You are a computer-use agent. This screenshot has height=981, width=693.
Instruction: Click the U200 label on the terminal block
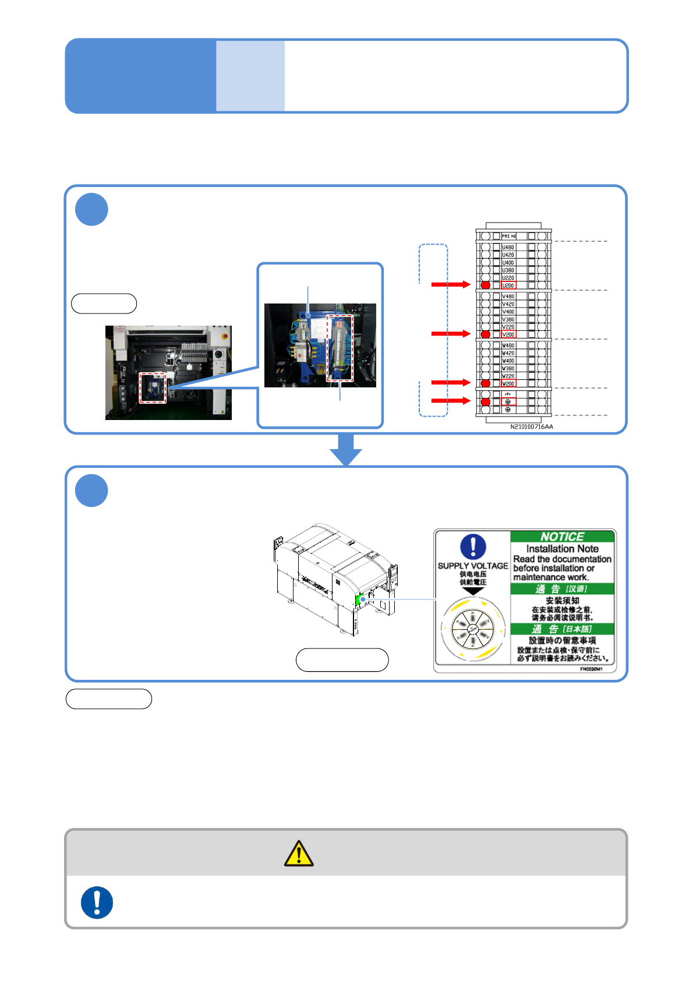[x=508, y=285]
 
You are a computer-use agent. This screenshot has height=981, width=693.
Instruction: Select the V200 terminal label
[x=508, y=334]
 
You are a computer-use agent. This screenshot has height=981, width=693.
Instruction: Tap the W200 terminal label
[x=508, y=383]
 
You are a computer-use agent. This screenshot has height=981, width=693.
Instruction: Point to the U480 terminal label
[x=508, y=248]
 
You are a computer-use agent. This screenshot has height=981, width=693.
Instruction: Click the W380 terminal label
[x=508, y=368]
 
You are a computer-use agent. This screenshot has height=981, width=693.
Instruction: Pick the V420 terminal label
[x=508, y=304]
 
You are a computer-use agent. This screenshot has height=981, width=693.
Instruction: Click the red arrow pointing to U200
[x=450, y=284]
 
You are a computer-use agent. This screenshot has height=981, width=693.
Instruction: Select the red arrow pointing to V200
[x=450, y=333]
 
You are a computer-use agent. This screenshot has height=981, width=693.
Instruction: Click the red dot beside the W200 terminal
[x=486, y=383]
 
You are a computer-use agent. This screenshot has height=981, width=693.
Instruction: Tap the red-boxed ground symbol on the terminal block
[x=508, y=402]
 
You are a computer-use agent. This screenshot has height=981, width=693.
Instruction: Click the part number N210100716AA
[x=532, y=427]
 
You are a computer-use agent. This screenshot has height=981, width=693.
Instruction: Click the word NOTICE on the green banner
[x=562, y=537]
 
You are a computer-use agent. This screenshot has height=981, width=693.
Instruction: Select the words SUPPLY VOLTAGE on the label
[x=473, y=566]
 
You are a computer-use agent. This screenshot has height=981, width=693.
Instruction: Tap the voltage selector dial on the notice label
[x=472, y=630]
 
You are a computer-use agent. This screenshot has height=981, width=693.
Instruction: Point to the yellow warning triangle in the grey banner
[x=299, y=853]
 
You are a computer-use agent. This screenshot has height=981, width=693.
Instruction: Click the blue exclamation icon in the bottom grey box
[x=97, y=902]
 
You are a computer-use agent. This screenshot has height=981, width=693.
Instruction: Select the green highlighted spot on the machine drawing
[x=359, y=599]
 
